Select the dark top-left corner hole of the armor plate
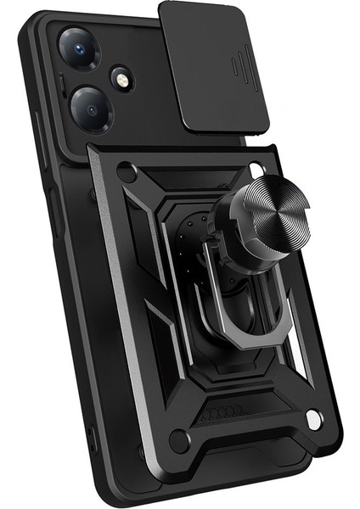coord(127,171)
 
